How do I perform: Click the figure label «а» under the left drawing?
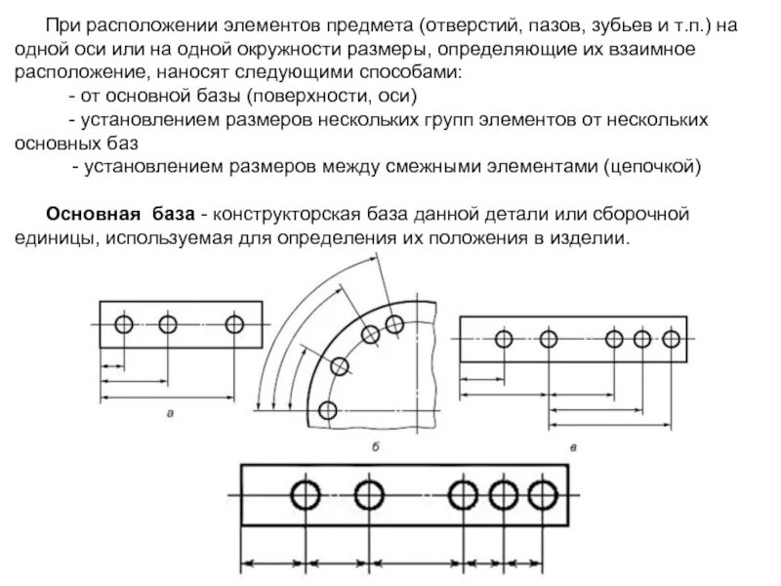point(172,413)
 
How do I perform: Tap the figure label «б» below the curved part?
point(375,446)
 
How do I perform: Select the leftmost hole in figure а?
point(123,324)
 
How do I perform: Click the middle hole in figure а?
point(168,324)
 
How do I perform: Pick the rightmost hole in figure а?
point(234,324)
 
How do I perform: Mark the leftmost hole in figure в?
point(504,339)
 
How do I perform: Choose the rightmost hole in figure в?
point(671,339)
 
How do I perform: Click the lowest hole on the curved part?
point(328,410)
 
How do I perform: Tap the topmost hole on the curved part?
point(394,323)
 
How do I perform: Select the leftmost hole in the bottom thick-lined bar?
point(306,495)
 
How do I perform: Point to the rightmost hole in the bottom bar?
point(542,495)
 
